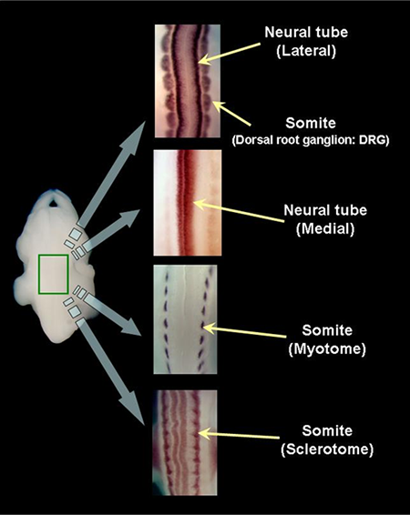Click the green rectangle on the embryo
tap(39, 274)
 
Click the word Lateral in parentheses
tap(306, 51)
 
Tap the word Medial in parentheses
tap(325, 228)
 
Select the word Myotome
tap(327, 348)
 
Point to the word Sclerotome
tap(327, 449)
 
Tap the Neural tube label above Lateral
tap(306, 32)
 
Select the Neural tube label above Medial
tap(325, 210)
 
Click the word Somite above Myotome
tap(327, 330)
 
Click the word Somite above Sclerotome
tap(327, 430)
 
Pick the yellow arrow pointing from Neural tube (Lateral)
tap(230, 52)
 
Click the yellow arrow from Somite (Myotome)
tap(244, 331)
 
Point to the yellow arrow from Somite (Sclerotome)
tap(239, 435)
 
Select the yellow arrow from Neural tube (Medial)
tap(239, 212)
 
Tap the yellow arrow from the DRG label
tap(231, 113)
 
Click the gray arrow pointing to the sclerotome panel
tap(111, 371)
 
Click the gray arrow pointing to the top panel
tap(112, 174)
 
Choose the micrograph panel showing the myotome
tap(186, 319)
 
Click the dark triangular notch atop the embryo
tap(54, 203)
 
